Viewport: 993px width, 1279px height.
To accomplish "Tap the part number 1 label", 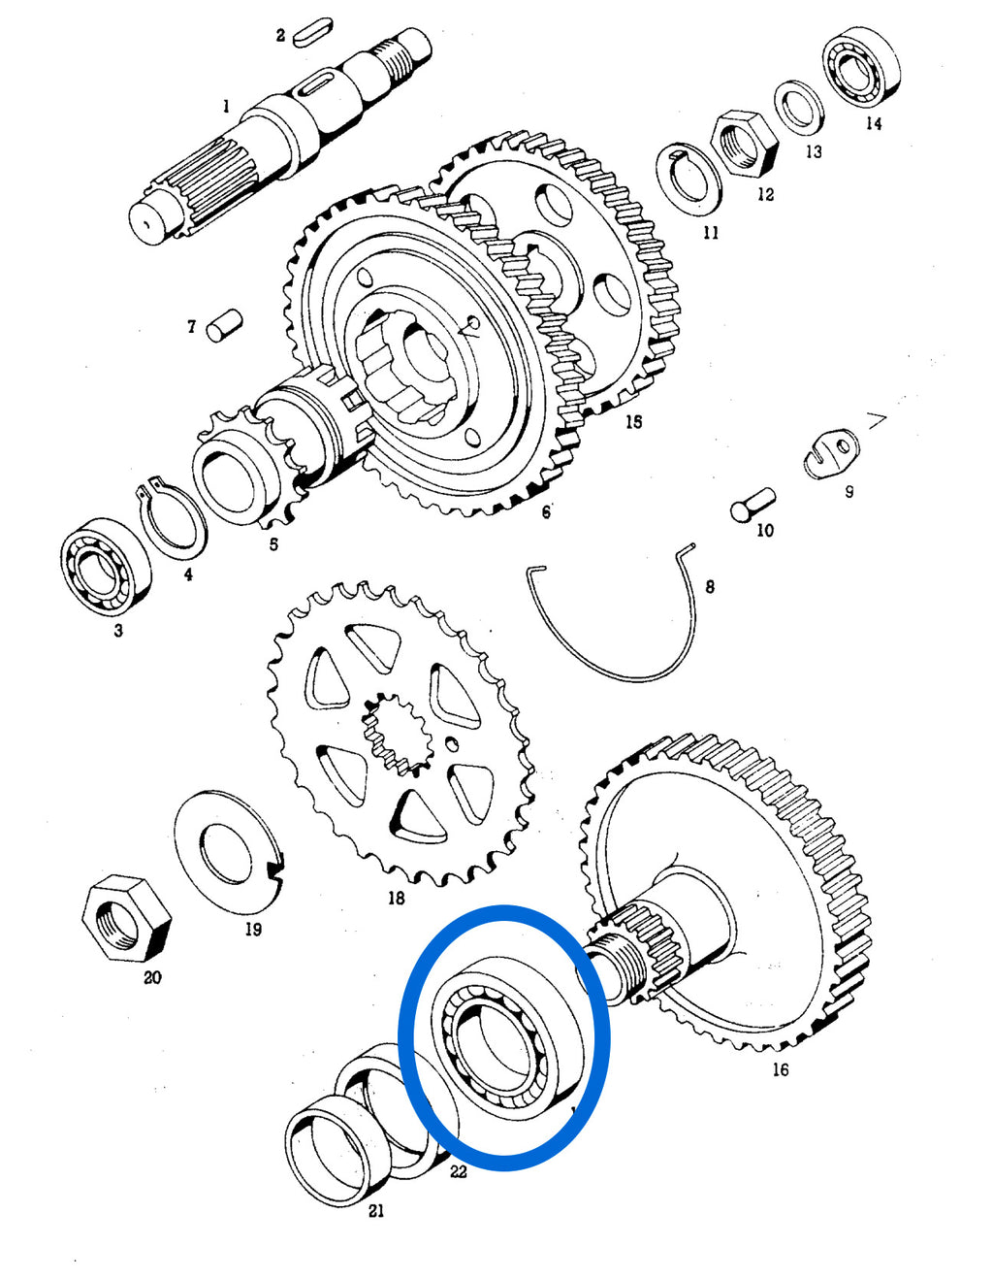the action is (226, 107).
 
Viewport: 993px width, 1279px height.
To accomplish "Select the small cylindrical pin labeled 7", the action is (224, 325).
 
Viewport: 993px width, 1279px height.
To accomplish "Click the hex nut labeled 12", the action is (744, 143).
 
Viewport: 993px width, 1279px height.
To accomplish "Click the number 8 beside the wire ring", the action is (710, 586).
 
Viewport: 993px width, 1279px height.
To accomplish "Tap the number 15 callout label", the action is (633, 422).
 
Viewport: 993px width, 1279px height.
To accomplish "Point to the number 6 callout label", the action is (546, 512).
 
